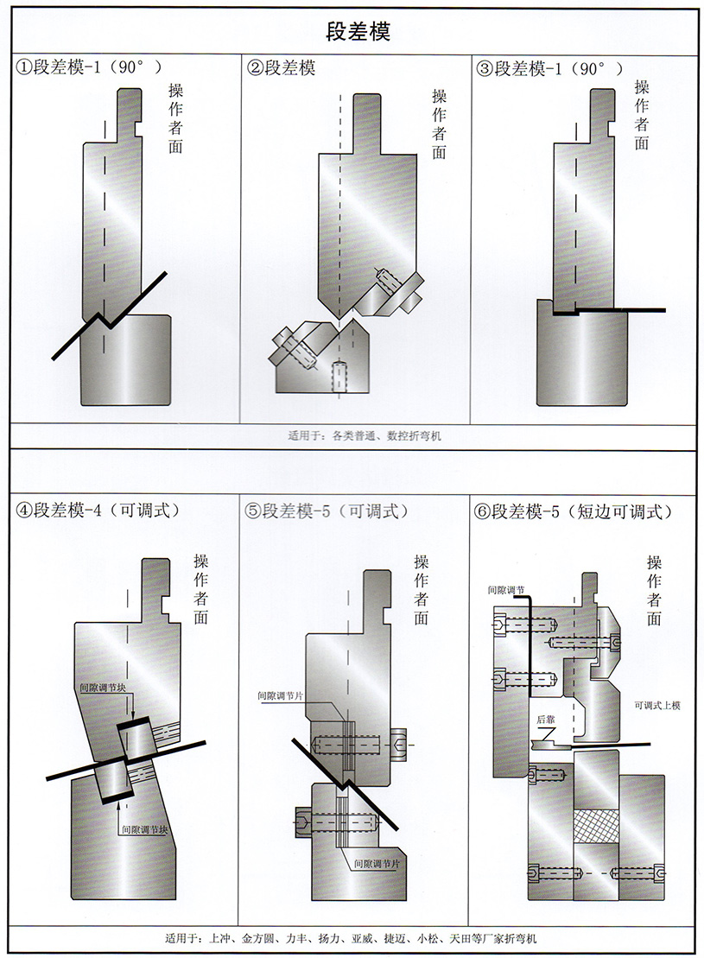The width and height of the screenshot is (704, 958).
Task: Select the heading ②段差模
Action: point(282,67)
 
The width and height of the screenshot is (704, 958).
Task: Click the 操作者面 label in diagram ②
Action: point(439,124)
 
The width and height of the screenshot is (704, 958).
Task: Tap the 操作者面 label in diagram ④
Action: point(201,587)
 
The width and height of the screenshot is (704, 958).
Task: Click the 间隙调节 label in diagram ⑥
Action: point(505,590)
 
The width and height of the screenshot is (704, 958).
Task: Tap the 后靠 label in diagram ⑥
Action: point(545,719)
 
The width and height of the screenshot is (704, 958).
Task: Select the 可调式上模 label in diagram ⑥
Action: point(657,705)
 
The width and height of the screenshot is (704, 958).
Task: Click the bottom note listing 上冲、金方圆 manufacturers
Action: point(354,937)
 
